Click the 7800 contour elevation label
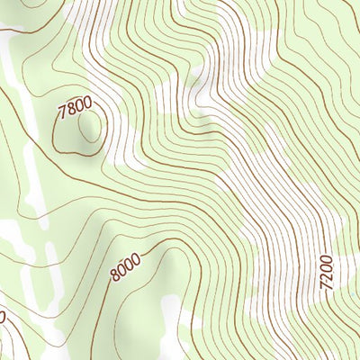pos(74,110)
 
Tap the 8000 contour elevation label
pos(126,266)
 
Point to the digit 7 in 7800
pos(62,115)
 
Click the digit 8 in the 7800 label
pos(70,112)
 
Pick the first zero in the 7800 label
pos(78,108)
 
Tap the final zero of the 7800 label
pos(86,104)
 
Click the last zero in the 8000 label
pos(136,259)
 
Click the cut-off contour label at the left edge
pos(2,317)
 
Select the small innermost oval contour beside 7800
pos(89,130)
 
